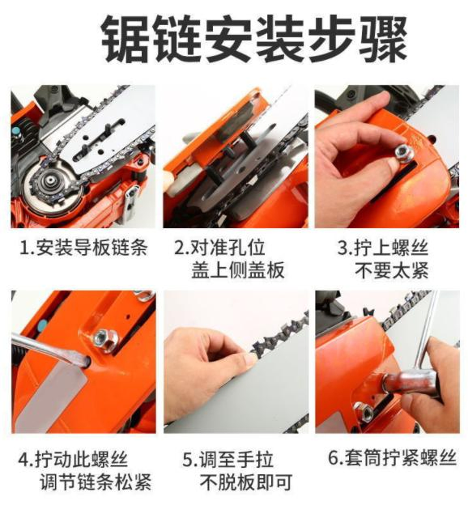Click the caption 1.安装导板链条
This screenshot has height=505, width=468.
[83, 248]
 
